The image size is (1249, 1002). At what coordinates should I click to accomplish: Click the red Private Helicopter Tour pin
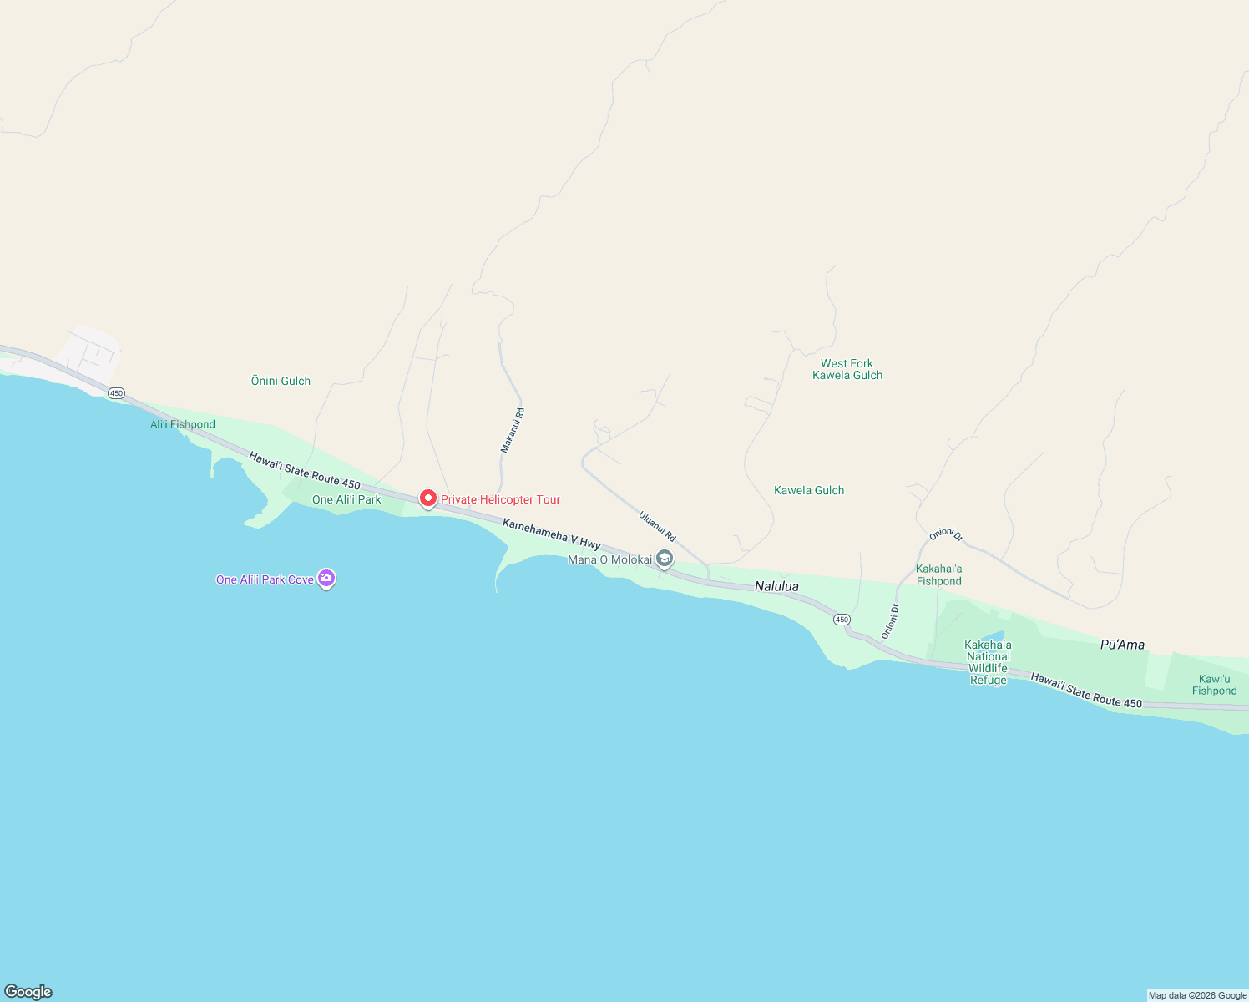click(427, 498)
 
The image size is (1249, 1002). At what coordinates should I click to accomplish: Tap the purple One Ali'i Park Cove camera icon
click(326, 578)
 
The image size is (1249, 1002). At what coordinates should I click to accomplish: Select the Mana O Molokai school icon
click(665, 559)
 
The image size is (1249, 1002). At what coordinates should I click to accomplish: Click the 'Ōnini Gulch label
click(281, 381)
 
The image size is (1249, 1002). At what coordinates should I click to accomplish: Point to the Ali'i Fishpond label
click(183, 424)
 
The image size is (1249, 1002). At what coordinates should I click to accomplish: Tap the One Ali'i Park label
click(346, 499)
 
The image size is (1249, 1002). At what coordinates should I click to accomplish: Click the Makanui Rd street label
click(513, 430)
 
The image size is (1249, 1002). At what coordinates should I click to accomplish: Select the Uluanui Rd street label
click(657, 526)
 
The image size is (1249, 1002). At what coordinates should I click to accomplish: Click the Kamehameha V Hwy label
click(551, 534)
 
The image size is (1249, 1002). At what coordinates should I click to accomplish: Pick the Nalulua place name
click(776, 586)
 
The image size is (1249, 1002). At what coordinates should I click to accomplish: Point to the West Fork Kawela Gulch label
click(847, 369)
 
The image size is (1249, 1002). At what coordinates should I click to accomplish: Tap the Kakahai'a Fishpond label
click(939, 574)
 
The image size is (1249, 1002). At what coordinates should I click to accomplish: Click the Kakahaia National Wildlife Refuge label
click(989, 662)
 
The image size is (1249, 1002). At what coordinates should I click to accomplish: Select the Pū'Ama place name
click(1122, 644)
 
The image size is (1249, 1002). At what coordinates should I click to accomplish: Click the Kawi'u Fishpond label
click(1215, 685)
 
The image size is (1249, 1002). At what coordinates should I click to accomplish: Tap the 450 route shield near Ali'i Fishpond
click(116, 392)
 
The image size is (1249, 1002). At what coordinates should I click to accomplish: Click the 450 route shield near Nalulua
click(842, 620)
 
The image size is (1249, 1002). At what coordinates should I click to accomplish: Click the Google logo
click(28, 991)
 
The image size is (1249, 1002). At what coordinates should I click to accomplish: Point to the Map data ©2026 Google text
click(1197, 995)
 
